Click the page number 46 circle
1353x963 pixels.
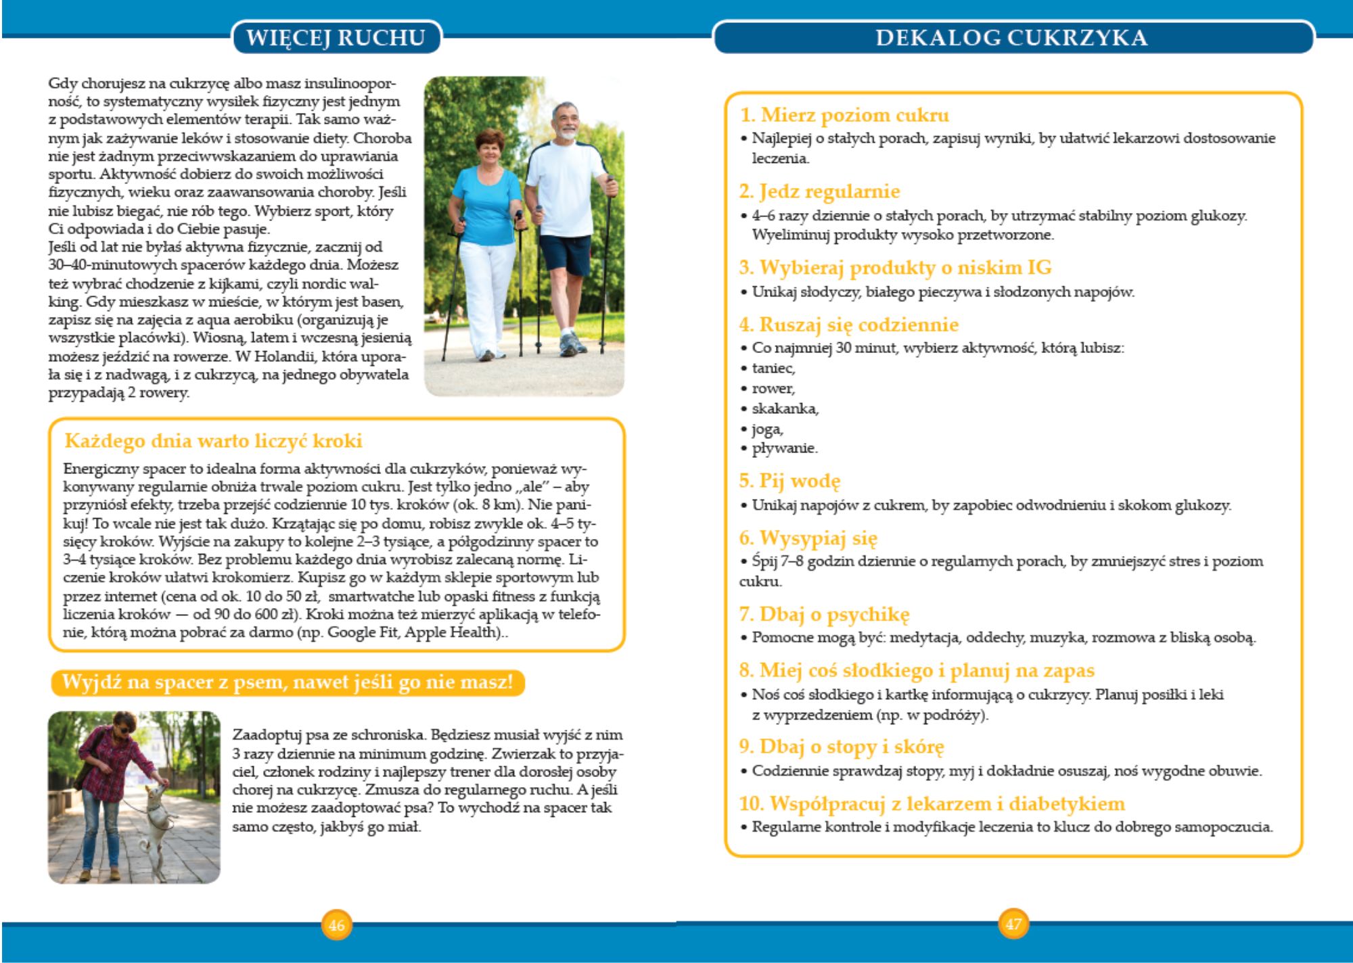click(x=336, y=924)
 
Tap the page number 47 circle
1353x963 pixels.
click(x=1013, y=924)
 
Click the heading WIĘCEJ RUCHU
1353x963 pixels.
click(x=336, y=37)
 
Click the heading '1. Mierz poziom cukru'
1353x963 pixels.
click(x=844, y=115)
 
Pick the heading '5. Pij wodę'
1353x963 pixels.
click(x=789, y=481)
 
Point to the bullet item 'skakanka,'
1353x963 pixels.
click(x=785, y=408)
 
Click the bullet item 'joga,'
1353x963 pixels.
click(x=767, y=429)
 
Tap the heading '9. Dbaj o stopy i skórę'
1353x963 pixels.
click(x=841, y=747)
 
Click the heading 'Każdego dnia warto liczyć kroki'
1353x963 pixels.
click(x=213, y=441)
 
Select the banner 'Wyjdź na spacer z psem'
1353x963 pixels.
click(x=288, y=682)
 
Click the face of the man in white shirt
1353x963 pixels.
click(x=566, y=122)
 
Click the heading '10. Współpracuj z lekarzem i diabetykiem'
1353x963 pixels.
click(x=932, y=803)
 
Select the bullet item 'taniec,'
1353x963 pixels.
click(x=773, y=369)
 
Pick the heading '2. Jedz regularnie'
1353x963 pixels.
click(x=819, y=192)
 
